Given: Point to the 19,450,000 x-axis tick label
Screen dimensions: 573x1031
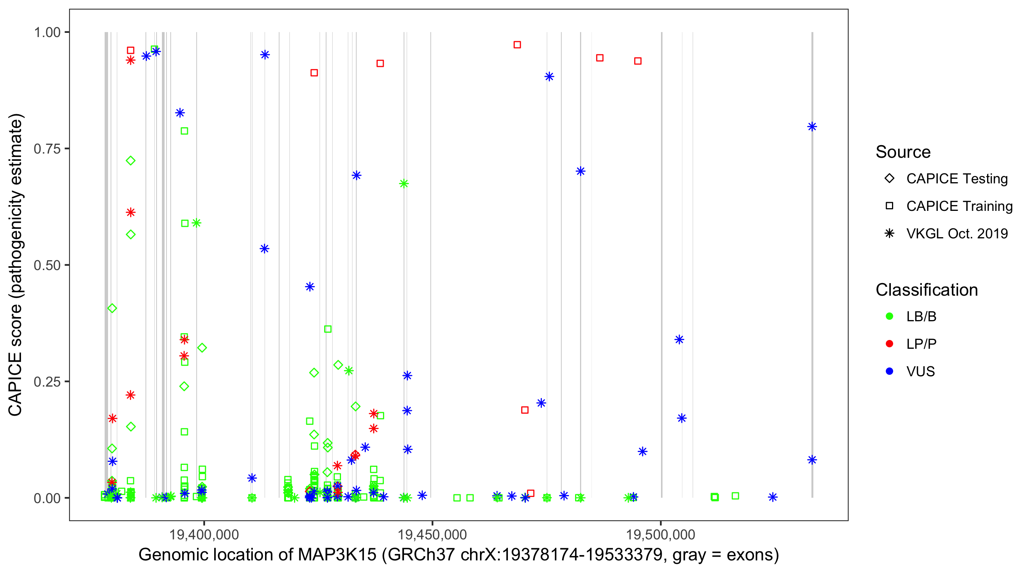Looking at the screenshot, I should point(432,534).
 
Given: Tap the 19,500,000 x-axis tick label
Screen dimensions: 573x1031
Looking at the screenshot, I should point(660,534).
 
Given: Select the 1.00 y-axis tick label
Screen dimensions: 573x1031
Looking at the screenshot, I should point(47,32).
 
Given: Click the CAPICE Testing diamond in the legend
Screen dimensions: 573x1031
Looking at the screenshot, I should point(889,179).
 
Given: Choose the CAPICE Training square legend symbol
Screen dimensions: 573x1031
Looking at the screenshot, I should point(889,206).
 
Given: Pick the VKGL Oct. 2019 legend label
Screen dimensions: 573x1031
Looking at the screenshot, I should point(957,234).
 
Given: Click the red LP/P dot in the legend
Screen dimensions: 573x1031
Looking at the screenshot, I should point(889,344).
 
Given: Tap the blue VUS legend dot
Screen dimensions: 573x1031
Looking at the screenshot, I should point(889,372).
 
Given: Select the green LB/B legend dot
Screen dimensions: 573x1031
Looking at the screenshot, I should point(889,316).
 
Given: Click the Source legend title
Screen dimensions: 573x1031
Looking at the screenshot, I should point(903,152).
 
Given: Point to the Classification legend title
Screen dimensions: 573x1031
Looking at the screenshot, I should point(926,290).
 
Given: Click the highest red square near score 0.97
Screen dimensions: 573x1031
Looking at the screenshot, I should point(517,45).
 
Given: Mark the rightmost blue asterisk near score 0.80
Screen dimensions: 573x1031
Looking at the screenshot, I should point(812,127).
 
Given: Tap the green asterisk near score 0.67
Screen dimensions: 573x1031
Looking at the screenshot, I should point(404,184).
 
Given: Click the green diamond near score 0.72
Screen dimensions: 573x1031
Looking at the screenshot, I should point(131,161).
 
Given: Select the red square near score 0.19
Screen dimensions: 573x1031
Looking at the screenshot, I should point(525,410).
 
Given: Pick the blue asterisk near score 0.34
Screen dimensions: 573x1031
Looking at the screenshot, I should point(679,340).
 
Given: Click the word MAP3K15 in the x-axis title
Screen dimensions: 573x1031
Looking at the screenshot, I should point(337,555).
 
